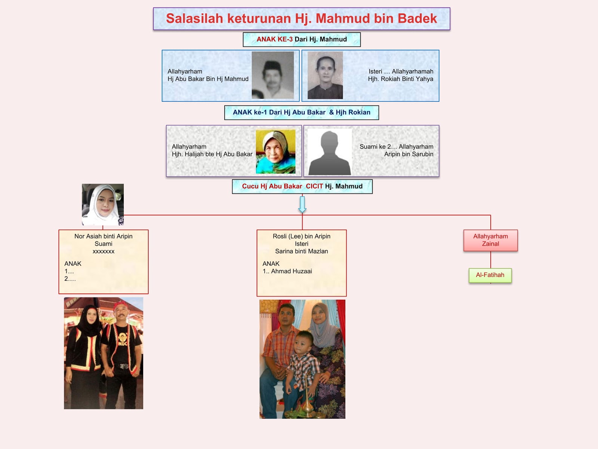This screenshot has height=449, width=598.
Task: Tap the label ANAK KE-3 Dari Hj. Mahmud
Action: tap(302, 39)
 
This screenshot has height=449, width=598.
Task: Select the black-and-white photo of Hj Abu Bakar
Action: tap(272, 75)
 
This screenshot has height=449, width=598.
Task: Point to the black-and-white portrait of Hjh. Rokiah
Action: tap(325, 75)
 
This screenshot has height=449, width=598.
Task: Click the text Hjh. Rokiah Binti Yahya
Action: tap(400, 79)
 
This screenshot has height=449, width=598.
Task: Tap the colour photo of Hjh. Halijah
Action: tap(275, 152)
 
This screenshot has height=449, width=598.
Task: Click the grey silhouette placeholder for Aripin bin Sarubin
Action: tap(329, 152)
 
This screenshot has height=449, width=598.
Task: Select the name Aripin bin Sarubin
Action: tap(409, 154)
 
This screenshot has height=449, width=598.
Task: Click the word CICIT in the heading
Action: tap(314, 186)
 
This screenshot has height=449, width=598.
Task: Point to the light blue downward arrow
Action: tap(302, 204)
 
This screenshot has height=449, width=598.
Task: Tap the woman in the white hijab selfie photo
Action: tap(103, 204)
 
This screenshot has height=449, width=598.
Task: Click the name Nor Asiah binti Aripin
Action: tap(103, 236)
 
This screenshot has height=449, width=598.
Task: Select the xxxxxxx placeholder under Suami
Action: tap(103, 251)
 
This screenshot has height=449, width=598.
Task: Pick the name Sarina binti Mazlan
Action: tap(301, 251)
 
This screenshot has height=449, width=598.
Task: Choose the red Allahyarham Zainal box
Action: tap(490, 240)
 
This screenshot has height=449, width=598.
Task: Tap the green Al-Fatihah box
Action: tap(490, 275)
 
